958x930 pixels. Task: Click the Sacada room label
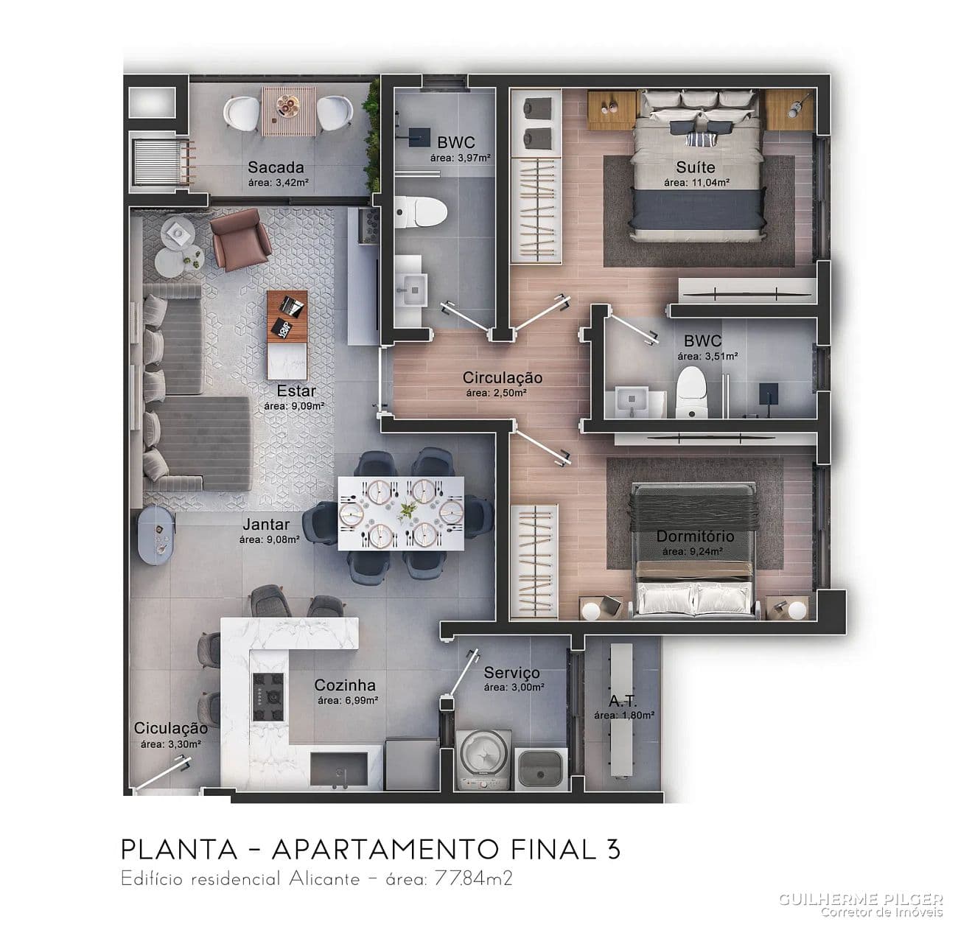pos(276,167)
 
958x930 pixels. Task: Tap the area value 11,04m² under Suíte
pos(696,183)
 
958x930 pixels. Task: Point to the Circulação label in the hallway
pos(502,378)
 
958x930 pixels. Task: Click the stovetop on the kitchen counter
pos(268,697)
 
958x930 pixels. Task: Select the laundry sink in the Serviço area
pos(542,768)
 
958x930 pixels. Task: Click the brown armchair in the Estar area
pos(239,239)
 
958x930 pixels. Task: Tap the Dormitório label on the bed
pos(695,536)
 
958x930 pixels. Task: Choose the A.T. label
pos(623,702)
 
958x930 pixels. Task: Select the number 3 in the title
pos(613,849)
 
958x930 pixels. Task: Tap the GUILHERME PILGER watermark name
pos(861,899)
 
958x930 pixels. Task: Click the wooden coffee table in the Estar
pos(287,316)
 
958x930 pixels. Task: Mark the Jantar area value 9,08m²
pos(268,539)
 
